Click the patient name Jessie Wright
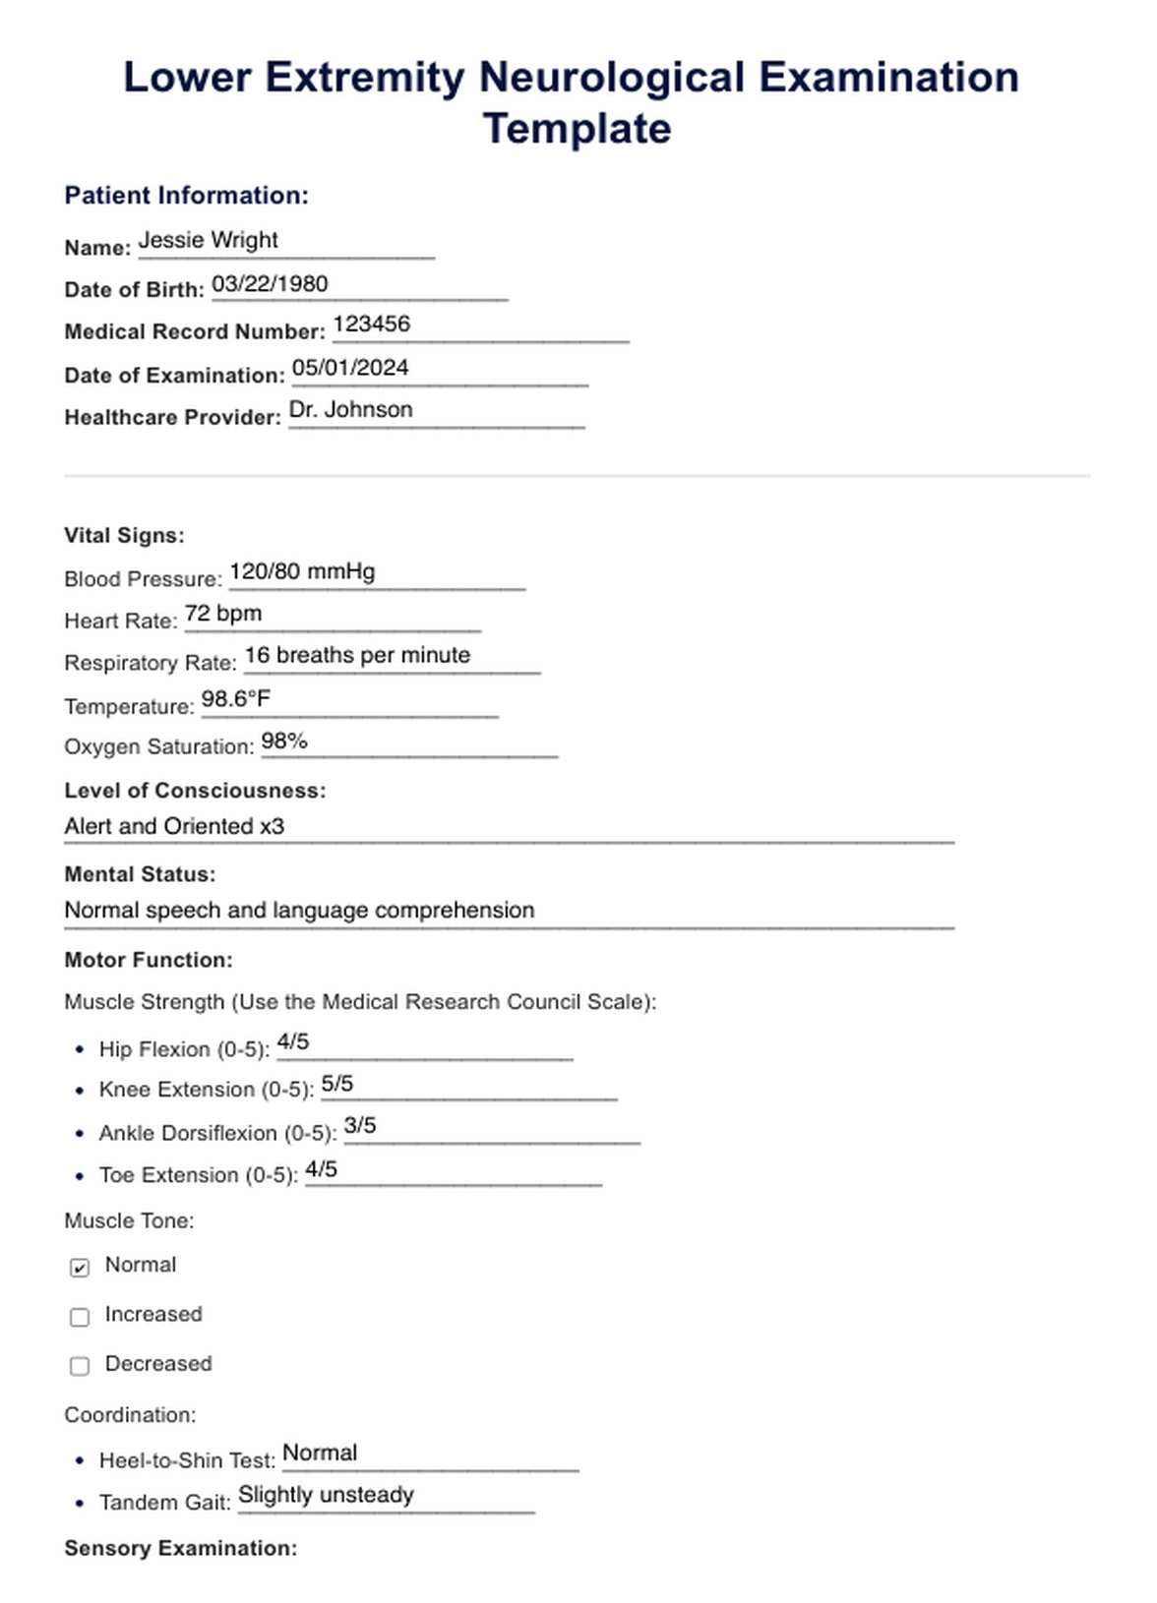(x=208, y=240)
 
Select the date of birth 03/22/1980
(x=270, y=284)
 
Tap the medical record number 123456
(x=371, y=325)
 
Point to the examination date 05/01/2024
(x=350, y=368)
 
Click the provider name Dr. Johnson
(x=350, y=410)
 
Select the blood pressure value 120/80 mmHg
(x=302, y=571)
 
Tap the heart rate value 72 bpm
(x=223, y=614)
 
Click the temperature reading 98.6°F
(x=236, y=699)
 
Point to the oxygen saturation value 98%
(x=284, y=741)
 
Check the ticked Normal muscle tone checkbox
(x=80, y=1268)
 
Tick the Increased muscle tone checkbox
(x=80, y=1317)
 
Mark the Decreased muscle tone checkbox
(x=80, y=1366)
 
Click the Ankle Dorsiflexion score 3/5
(x=360, y=1126)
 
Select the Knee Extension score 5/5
(x=337, y=1084)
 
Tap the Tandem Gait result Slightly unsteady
(x=326, y=1495)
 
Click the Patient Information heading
(x=186, y=196)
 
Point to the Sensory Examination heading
(x=180, y=1548)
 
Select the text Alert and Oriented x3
(x=174, y=826)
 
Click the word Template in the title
(x=577, y=129)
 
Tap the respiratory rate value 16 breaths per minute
(x=357, y=656)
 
